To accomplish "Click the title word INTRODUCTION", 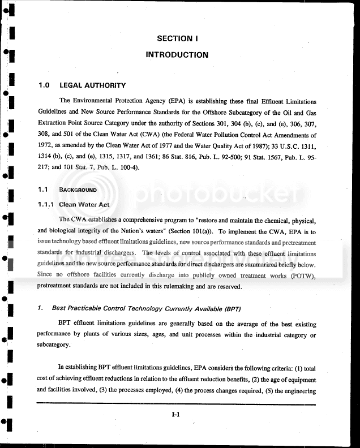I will tap(177, 55).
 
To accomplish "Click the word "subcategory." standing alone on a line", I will tap(54, 345).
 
